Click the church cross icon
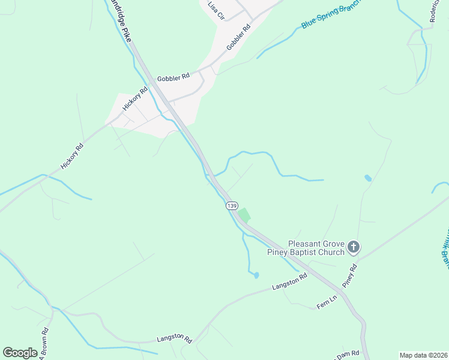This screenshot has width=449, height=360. tap(354, 247)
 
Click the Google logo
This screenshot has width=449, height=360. tap(20, 352)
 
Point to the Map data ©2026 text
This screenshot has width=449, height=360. tap(423, 355)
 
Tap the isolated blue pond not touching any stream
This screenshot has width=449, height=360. tap(367, 178)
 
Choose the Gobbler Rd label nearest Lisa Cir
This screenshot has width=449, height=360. tap(238, 37)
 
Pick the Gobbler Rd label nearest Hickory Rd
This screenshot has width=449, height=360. tap(173, 77)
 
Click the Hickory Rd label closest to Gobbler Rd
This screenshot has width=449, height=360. tap(135, 99)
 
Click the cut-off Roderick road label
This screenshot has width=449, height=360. tap(435, 11)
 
